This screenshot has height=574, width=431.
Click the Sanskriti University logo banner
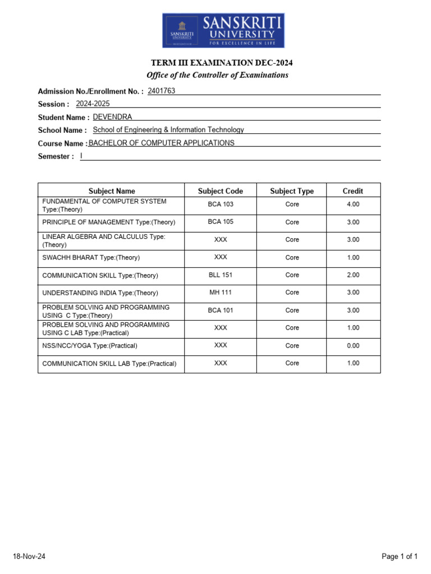coord(223,31)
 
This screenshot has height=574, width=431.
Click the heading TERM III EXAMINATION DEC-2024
coord(217,63)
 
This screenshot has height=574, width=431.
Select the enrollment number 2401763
coord(162,90)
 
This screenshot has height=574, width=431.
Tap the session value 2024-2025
coord(93,104)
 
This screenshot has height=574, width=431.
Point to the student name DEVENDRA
coord(112,117)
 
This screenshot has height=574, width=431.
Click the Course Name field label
coord(62,143)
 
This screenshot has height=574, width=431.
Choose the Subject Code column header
coord(221,191)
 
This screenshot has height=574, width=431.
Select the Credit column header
coord(353,191)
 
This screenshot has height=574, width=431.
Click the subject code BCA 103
coord(221,205)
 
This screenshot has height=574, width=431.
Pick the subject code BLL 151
coord(221,275)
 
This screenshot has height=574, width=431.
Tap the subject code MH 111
coord(221,293)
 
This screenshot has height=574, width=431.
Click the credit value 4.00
coord(353,205)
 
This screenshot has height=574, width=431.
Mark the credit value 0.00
coord(353,346)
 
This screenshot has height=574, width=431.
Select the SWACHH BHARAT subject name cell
coord(91,258)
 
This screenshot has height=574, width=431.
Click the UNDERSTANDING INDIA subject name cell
coord(100,293)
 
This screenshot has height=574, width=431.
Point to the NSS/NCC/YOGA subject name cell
coord(90,346)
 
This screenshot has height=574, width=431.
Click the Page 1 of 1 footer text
coord(400,557)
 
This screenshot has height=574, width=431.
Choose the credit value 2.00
coord(353,275)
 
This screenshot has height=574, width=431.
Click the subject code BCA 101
coord(221,311)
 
